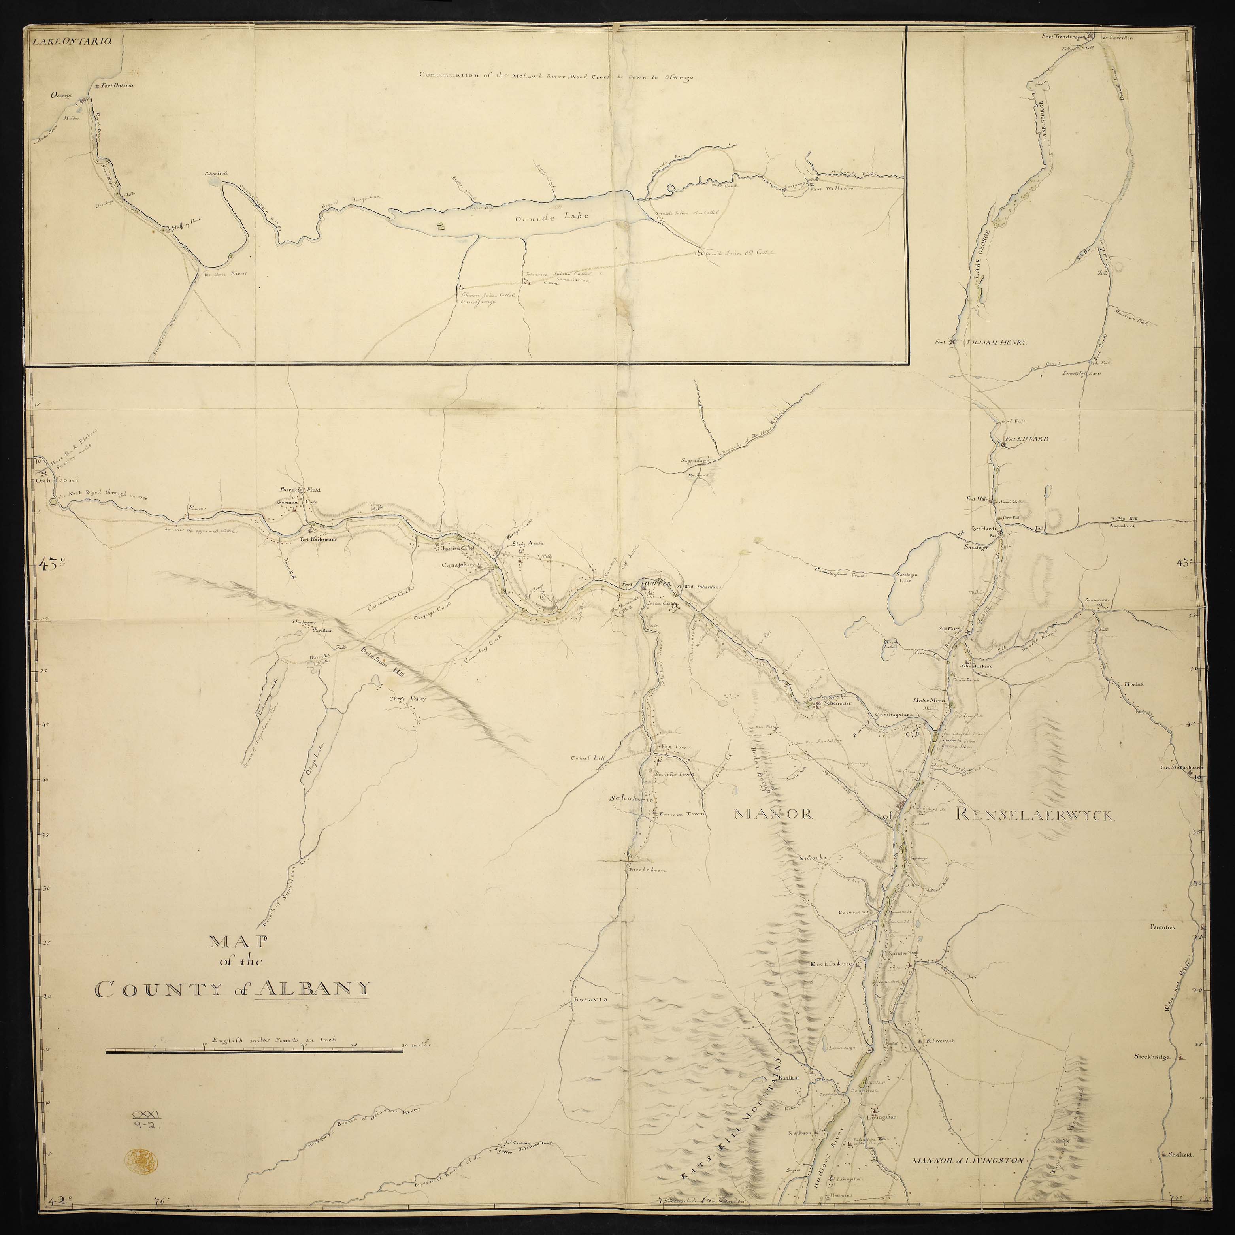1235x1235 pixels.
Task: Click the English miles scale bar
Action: tap(255, 1049)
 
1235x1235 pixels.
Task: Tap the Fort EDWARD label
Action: tap(1025, 439)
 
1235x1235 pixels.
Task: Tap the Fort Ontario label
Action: tap(116, 85)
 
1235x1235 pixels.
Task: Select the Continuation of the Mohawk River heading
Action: tap(556, 75)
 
